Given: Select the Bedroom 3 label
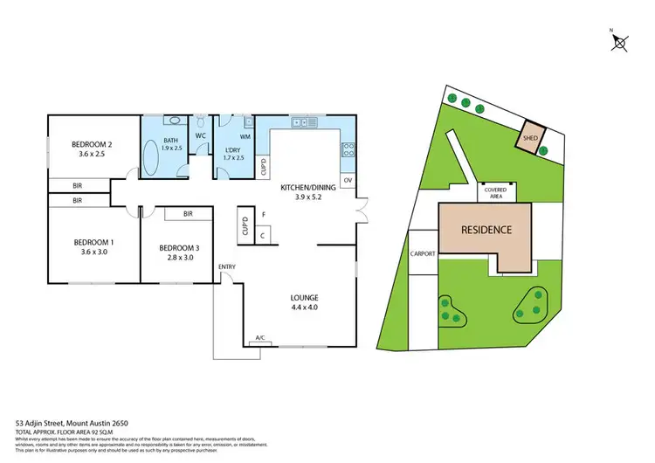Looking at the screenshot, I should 179,248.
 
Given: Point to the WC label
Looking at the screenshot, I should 199,136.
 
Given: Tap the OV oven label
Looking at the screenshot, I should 348,181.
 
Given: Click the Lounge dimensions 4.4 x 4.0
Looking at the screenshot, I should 305,308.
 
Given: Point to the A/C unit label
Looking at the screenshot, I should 259,338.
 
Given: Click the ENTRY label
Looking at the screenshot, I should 226,266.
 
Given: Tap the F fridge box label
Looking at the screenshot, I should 263,214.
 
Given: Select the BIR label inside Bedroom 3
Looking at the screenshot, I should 188,213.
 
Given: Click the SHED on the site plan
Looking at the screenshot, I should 529,138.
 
